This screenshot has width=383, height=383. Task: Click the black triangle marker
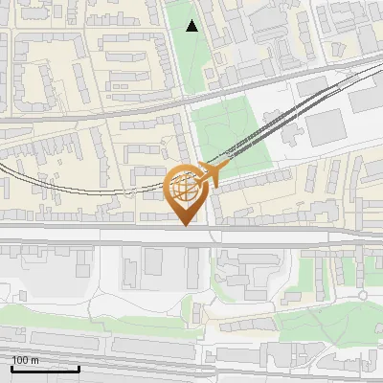[192, 26]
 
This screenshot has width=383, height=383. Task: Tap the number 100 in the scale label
[21, 360]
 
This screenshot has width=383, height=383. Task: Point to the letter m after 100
[34, 360]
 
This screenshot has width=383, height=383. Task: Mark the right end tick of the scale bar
[79, 367]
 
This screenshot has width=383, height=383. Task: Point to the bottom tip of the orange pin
[187, 226]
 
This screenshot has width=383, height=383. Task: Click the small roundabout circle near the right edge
[363, 296]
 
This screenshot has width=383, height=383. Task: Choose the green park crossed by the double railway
[230, 134]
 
